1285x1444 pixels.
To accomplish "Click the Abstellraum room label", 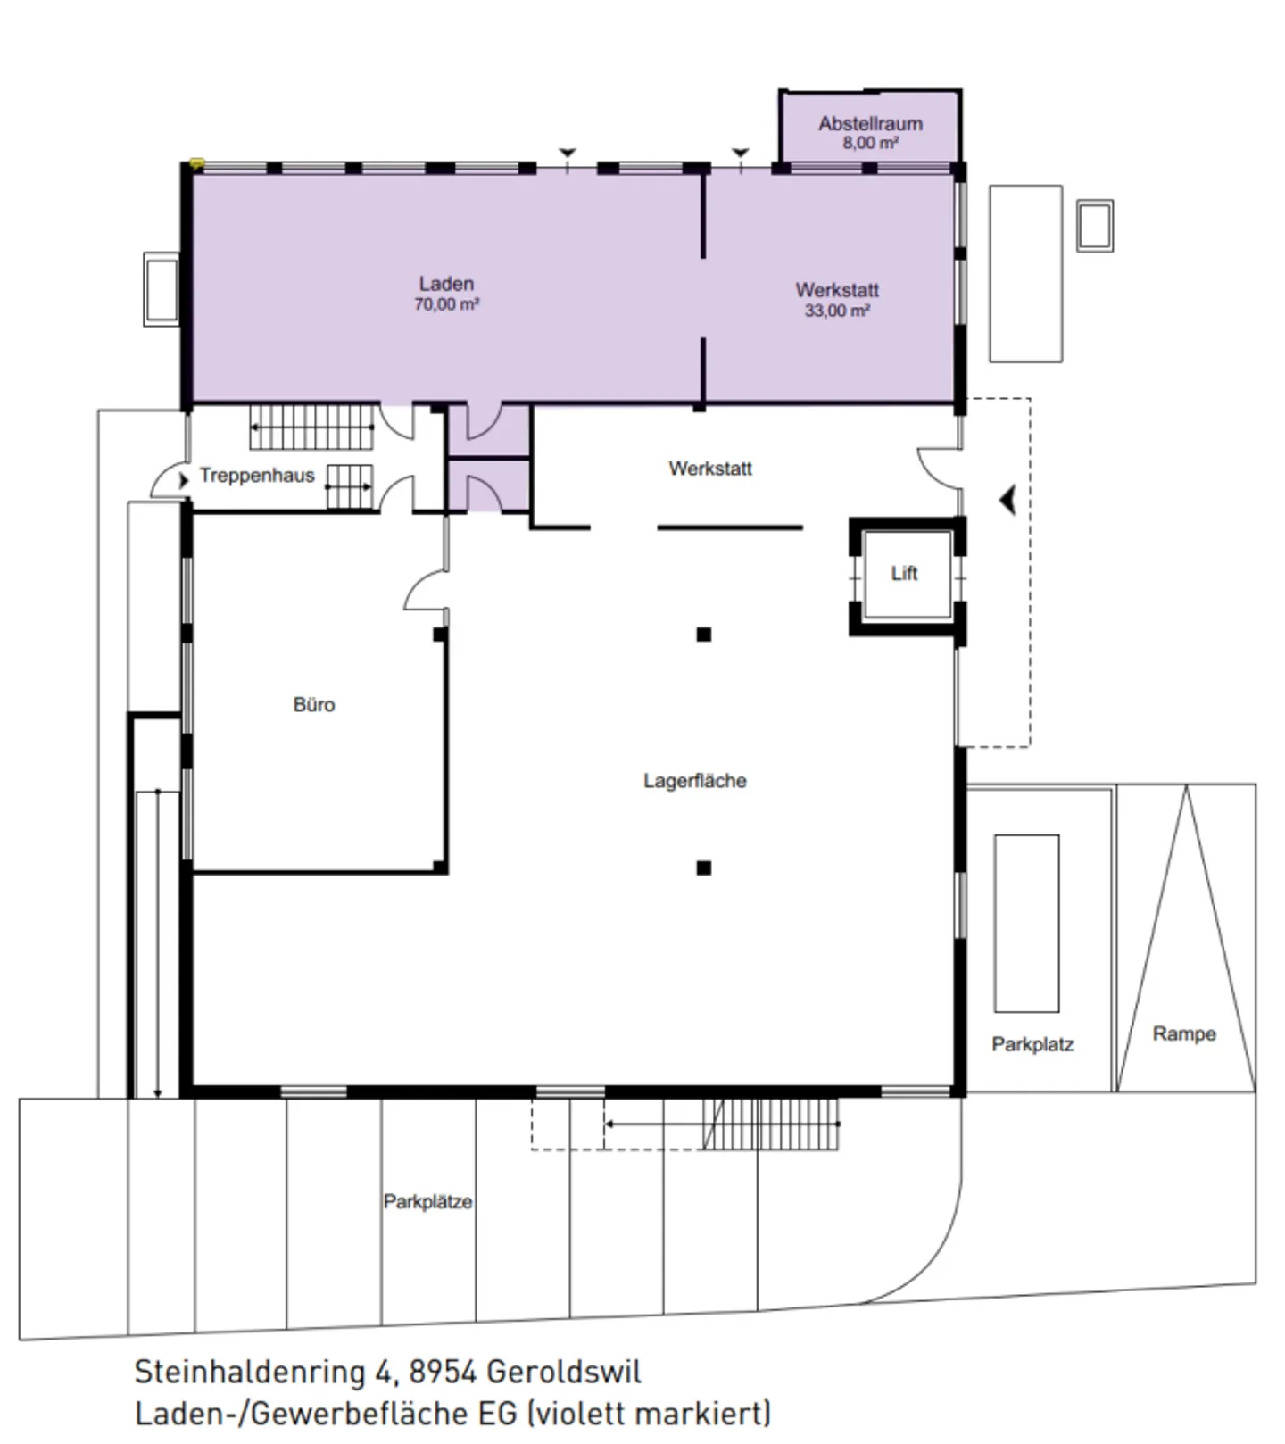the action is (x=870, y=123).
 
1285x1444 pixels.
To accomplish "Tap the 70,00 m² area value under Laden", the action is (x=446, y=304).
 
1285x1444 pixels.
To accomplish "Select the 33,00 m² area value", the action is (x=837, y=311).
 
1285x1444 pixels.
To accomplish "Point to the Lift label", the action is (x=904, y=573).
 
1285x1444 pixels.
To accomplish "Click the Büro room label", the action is (x=314, y=704).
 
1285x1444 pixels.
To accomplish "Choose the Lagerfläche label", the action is (x=695, y=781).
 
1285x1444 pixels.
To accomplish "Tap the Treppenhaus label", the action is (x=257, y=476).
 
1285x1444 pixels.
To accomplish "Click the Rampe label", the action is (x=1184, y=1033).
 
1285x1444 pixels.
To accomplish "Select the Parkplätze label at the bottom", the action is (x=428, y=1201).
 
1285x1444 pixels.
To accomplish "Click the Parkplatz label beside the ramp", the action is (x=1032, y=1044).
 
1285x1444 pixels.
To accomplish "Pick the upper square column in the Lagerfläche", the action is (x=704, y=635).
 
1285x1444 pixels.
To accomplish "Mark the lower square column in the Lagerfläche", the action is (x=704, y=867).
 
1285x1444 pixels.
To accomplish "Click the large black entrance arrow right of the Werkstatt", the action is (x=1008, y=501).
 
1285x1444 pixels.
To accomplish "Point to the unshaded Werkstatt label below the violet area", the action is (x=710, y=469).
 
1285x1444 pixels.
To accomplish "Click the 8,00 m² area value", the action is (x=870, y=143).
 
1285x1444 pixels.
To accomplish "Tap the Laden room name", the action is (x=446, y=284).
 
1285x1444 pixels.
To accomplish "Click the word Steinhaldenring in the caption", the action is (x=250, y=1373).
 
